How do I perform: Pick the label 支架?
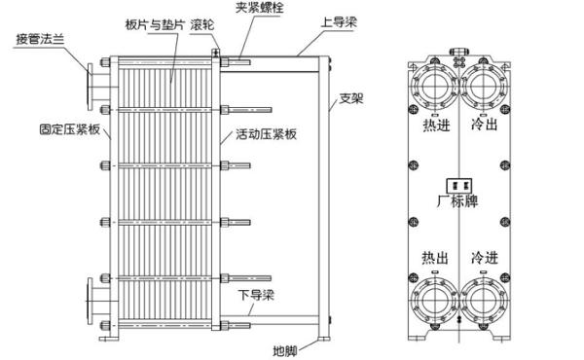(351, 99)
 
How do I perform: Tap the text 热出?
(435, 258)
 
